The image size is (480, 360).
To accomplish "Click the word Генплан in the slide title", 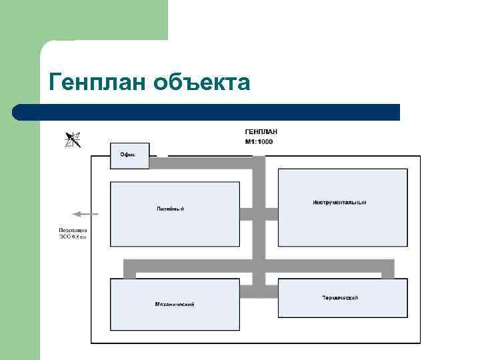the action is click(x=97, y=82).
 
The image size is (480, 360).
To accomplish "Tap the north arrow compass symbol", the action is click(x=73, y=139).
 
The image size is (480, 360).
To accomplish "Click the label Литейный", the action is click(x=170, y=209).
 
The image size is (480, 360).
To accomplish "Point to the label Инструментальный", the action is click(x=339, y=202).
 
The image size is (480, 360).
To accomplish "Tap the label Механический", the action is click(x=175, y=304).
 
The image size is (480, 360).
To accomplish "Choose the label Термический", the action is click(x=340, y=297).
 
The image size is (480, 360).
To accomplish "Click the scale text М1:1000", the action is click(x=259, y=142).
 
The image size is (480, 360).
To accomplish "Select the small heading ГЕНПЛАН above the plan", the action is click(x=261, y=132).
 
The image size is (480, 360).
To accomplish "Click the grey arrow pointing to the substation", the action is click(x=85, y=214).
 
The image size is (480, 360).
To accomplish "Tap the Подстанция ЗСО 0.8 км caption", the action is click(x=73, y=234).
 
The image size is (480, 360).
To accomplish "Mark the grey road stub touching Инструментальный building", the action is click(x=271, y=214).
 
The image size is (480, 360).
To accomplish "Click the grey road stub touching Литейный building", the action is click(x=246, y=214).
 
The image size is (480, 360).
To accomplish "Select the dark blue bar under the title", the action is click(x=207, y=112).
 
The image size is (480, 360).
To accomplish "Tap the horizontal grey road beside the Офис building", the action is click(x=200, y=162).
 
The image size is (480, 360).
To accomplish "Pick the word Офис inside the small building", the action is click(x=127, y=154).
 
